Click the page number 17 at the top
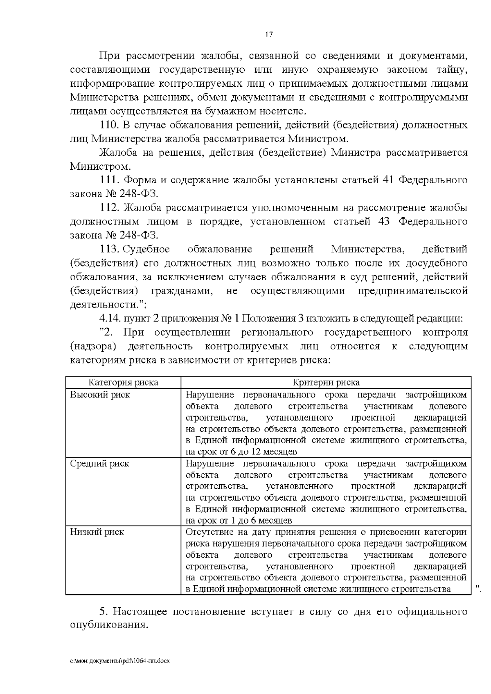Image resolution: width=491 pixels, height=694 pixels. (269, 35)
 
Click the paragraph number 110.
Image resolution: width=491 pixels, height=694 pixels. (109, 125)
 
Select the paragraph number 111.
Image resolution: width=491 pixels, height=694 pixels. (109, 180)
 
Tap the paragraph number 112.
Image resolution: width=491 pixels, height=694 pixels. (109, 208)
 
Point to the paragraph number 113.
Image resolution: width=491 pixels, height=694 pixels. (109, 249)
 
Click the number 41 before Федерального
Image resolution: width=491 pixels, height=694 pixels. (387, 180)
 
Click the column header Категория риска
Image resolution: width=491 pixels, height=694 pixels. (123, 383)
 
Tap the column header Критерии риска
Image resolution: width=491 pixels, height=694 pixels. (326, 383)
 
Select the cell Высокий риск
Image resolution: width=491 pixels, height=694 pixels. (100, 395)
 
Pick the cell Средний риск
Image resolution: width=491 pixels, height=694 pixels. (99, 464)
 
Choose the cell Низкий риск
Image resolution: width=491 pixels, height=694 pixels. (97, 532)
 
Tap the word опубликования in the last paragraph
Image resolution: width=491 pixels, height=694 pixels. (108, 626)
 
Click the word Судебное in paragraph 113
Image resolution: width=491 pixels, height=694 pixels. (146, 249)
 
